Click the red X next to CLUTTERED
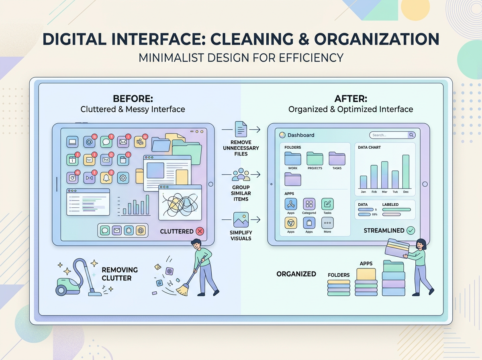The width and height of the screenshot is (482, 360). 200,231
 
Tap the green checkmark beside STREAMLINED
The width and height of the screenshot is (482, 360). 411,230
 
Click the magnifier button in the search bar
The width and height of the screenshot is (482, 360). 411,135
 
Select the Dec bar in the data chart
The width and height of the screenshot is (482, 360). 406,172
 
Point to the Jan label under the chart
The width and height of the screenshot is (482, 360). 363,192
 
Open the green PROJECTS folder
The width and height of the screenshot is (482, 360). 315,159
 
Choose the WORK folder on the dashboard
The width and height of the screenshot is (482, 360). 293,159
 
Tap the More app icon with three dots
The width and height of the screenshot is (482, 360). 327,223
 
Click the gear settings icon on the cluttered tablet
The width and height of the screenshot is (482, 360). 123,177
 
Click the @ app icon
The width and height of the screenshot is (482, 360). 89,141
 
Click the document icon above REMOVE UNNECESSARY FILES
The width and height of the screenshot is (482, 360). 241,130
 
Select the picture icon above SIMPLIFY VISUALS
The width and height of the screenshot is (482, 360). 241,220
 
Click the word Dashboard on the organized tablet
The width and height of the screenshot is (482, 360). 301,135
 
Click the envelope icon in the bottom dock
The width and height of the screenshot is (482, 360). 117,230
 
